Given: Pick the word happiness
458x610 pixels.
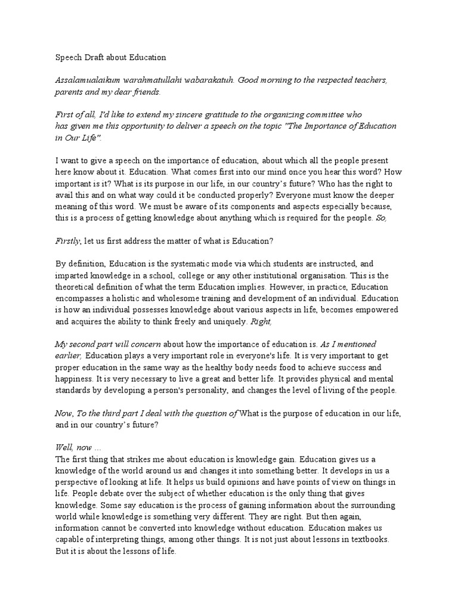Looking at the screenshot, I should (75, 378).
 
